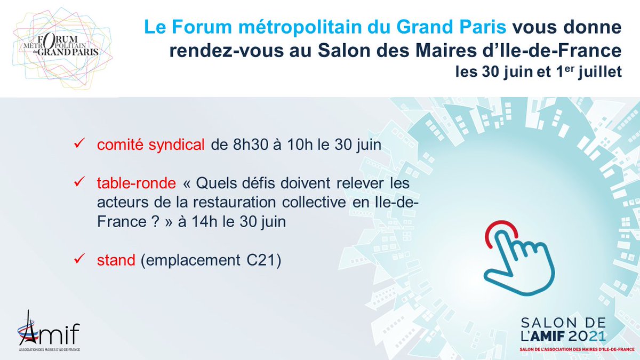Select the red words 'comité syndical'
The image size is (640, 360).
(151, 145)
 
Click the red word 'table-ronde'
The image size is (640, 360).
(136, 183)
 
